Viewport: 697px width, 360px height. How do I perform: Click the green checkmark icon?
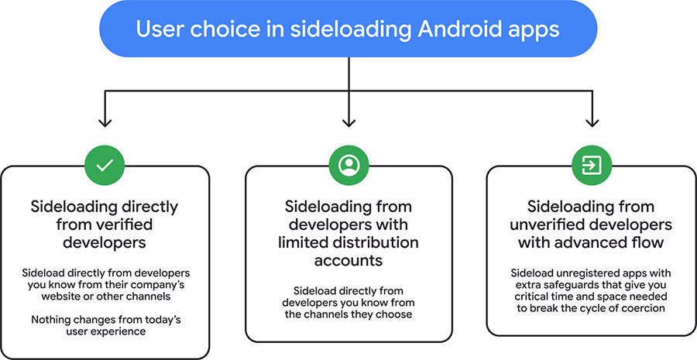[x=105, y=164]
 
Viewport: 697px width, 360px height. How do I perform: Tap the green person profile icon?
[x=348, y=164]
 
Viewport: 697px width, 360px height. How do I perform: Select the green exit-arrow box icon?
[x=592, y=164]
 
